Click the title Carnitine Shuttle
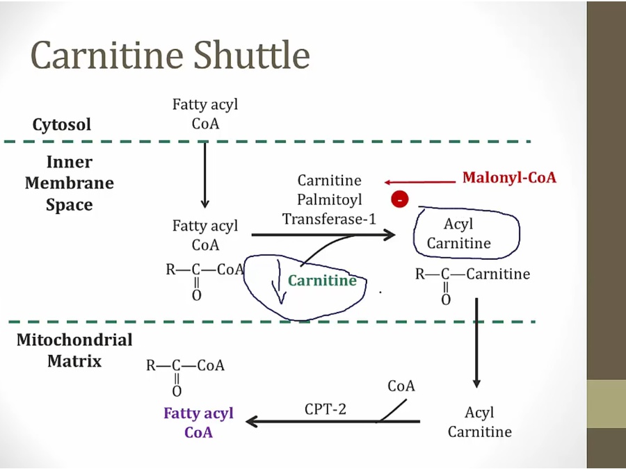(x=170, y=56)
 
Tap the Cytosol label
(x=61, y=125)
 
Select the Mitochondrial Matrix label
(x=74, y=350)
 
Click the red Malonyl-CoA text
(x=509, y=178)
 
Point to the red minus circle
(x=400, y=200)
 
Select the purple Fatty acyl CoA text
(x=198, y=422)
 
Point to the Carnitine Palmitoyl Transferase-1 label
(x=329, y=200)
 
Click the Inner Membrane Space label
(x=69, y=183)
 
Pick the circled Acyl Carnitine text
(x=458, y=233)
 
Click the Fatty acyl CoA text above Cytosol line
(x=204, y=114)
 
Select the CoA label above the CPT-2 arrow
(x=401, y=386)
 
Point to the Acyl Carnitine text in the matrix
(x=479, y=422)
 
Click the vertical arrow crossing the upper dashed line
(x=204, y=174)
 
